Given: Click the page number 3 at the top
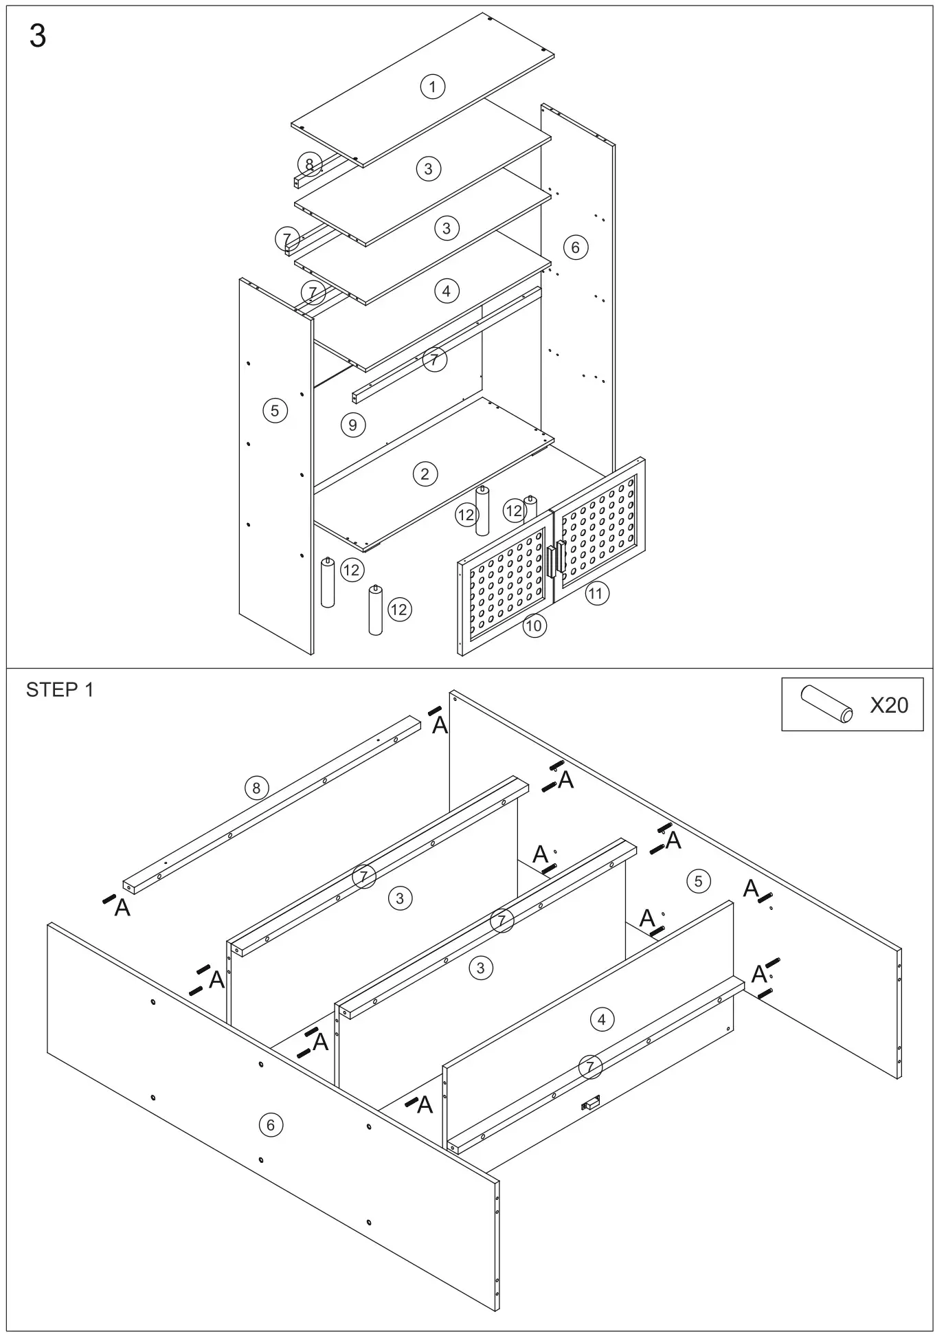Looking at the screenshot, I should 38,36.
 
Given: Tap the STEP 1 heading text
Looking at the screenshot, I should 59,690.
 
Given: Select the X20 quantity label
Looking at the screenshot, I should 888,704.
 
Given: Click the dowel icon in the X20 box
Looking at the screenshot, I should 826,704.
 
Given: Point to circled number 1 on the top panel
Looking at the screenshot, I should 432,87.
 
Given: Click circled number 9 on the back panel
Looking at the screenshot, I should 352,425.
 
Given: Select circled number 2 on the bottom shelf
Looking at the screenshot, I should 425,474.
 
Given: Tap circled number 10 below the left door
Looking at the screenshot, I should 534,625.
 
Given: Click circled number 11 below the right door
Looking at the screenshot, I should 596,593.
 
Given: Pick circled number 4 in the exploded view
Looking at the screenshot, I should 446,291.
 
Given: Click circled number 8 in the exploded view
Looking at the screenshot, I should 309,164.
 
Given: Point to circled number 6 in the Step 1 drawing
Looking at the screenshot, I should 270,1125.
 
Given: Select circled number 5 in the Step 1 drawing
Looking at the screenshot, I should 698,881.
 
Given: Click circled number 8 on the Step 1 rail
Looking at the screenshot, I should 256,788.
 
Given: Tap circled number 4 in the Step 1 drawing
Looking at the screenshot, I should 601,1019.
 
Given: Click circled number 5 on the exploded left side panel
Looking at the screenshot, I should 275,411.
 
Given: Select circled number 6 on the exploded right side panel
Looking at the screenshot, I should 575,247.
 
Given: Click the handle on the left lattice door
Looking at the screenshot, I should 551,562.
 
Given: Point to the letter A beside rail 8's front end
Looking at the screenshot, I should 122,908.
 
